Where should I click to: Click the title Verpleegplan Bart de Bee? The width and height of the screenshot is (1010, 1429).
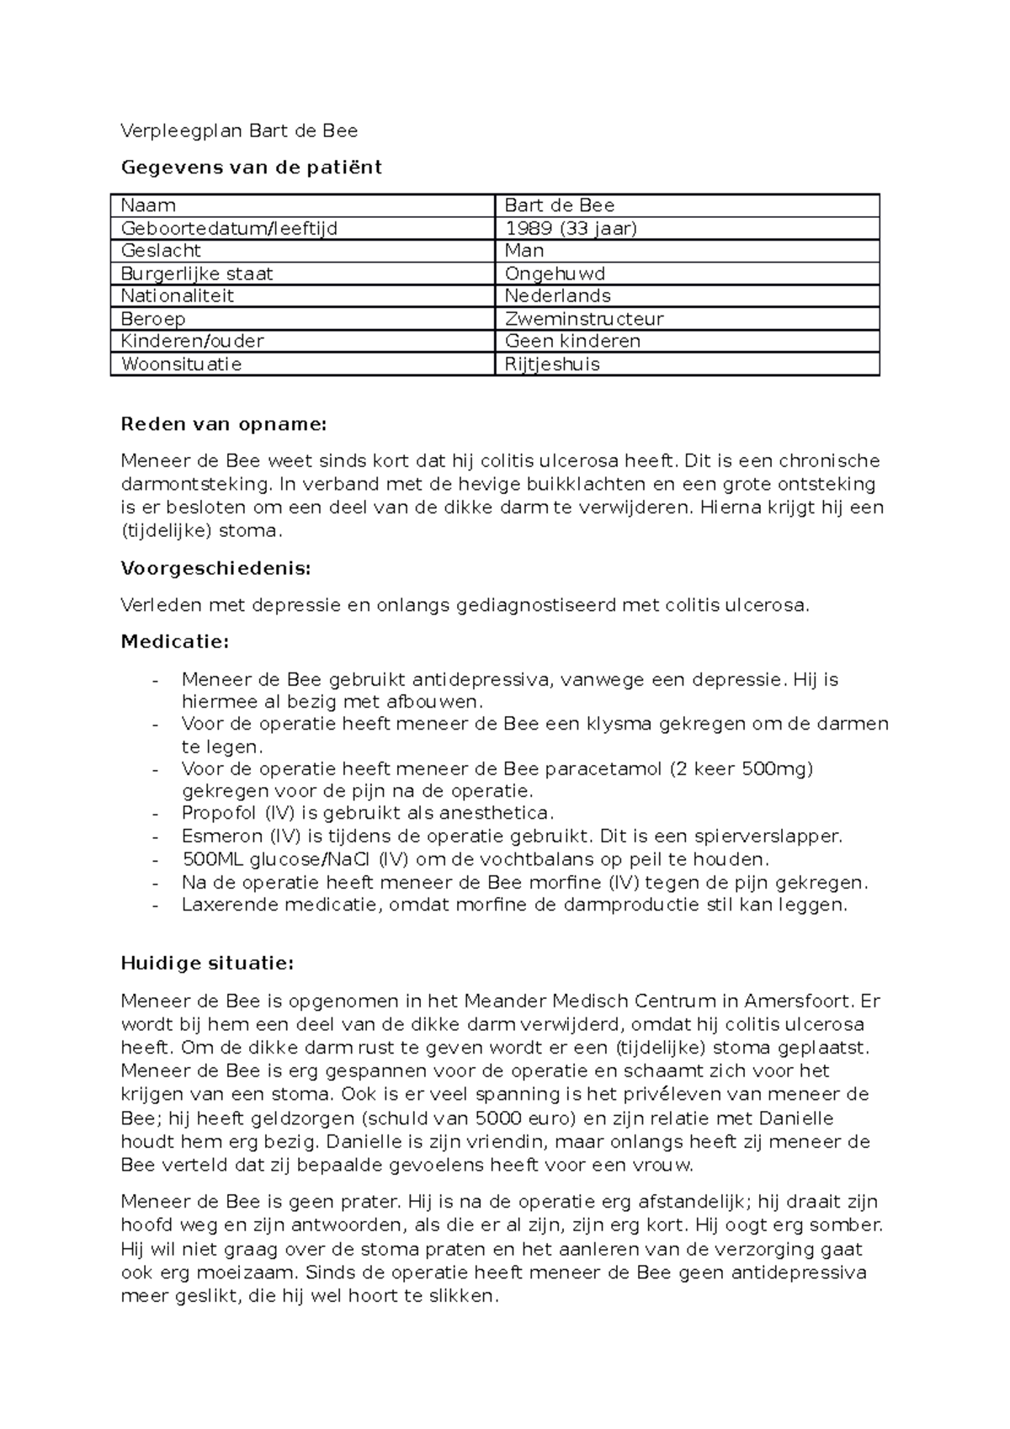click(239, 130)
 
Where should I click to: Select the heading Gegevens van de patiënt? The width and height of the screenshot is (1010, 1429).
click(251, 167)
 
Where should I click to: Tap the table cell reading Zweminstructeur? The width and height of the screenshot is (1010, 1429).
click(583, 319)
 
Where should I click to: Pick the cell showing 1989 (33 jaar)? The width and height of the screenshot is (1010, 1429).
click(570, 228)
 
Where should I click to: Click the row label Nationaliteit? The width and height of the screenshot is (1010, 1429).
click(177, 296)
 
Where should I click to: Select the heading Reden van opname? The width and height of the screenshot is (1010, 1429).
click(223, 423)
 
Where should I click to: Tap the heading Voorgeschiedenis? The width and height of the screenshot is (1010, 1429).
click(215, 568)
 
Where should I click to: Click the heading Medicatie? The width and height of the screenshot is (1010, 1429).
click(174, 642)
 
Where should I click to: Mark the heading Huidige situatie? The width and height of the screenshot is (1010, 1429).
click(207, 964)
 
